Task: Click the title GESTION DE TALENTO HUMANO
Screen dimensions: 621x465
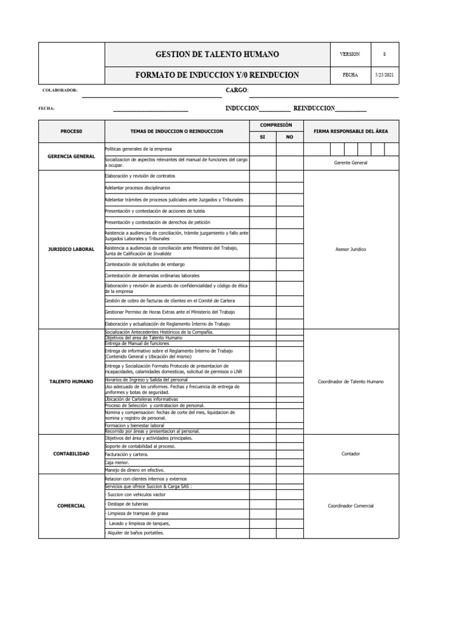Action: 217,55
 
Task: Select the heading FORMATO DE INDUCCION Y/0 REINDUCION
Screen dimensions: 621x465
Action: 217,75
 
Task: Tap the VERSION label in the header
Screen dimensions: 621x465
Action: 350,55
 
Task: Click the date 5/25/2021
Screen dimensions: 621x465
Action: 384,75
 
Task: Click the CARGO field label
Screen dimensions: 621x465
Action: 237,90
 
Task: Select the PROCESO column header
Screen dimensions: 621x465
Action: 71,131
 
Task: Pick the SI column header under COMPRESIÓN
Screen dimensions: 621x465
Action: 263,137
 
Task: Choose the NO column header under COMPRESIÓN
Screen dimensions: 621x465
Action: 289,137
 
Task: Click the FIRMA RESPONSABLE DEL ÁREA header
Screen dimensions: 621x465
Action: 351,131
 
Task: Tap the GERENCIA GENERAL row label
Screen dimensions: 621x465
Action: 71,156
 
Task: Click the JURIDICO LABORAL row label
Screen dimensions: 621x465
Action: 71,249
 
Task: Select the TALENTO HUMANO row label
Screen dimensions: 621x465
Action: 71,381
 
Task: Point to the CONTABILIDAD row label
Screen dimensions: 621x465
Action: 71,454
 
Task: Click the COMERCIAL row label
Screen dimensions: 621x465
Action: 71,505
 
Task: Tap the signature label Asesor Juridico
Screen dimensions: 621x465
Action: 351,249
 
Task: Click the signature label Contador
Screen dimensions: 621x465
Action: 351,454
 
